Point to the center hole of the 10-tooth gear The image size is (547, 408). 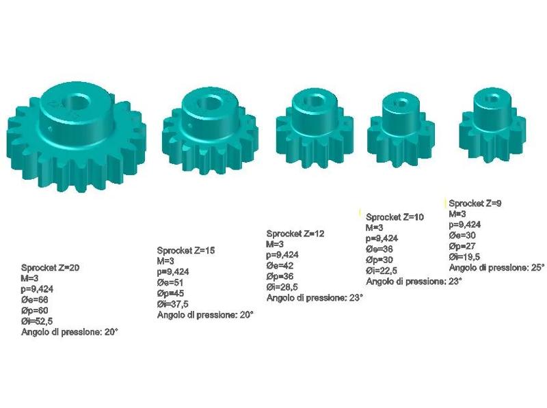point(400,103)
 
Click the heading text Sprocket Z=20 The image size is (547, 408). point(51,267)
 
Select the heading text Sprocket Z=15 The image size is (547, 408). point(186,250)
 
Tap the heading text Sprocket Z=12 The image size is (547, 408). point(295,233)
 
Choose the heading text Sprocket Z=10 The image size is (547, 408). point(395,217)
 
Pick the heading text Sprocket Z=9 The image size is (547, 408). point(476,203)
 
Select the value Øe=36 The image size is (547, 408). point(379,249)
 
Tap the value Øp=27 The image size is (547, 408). point(462,246)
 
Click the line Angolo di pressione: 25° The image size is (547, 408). point(496,268)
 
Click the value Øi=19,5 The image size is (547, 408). point(465,257)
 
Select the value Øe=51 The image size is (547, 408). point(170,282)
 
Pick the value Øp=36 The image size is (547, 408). point(280,276)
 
